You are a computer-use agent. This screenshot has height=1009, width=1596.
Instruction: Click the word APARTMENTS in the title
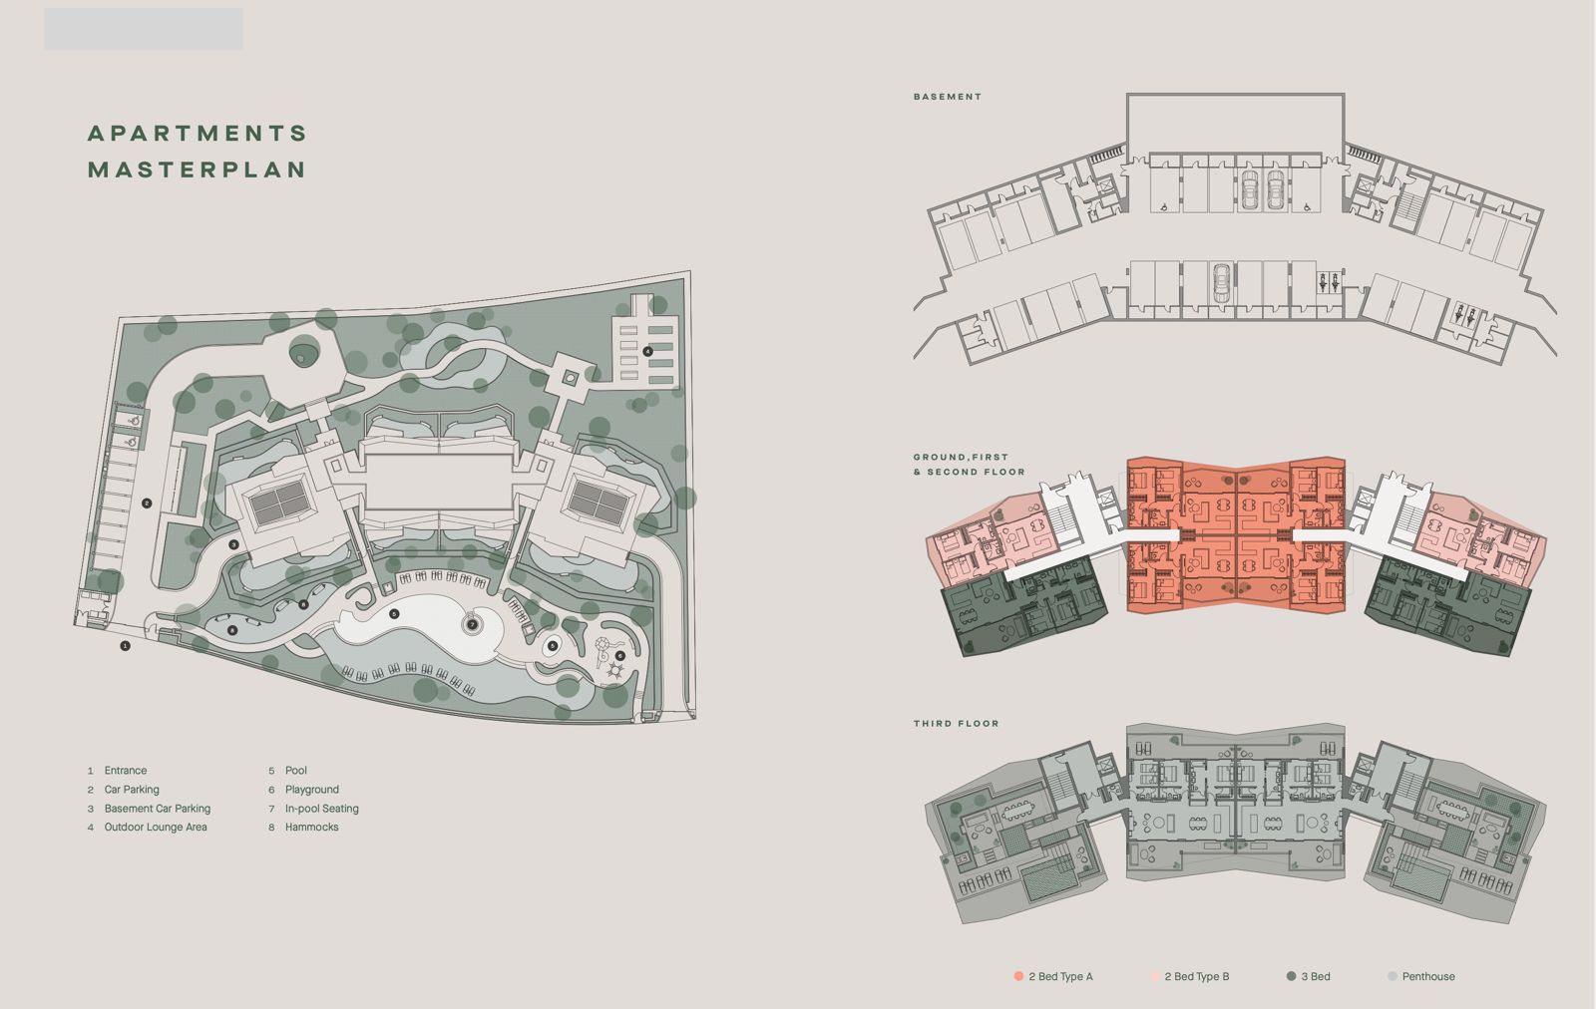click(198, 134)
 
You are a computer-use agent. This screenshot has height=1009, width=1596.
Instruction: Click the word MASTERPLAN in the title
click(198, 169)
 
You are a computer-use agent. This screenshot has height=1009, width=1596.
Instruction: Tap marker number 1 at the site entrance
click(125, 646)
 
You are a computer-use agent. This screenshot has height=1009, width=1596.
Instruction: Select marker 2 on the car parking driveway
click(147, 504)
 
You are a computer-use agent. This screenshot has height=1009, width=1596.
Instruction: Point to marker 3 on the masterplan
click(233, 544)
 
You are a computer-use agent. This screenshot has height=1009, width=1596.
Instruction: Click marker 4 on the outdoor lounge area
click(647, 351)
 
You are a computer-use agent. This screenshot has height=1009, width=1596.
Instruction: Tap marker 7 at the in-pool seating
click(472, 625)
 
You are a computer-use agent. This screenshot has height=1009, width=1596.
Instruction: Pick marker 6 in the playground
click(619, 656)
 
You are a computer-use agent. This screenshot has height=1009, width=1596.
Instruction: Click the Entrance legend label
click(126, 771)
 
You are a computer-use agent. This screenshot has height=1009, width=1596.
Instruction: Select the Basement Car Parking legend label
click(158, 809)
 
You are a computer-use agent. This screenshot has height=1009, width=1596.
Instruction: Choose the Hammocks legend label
click(312, 827)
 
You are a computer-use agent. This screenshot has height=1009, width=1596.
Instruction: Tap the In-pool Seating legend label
click(322, 809)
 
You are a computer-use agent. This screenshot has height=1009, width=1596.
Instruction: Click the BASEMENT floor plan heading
click(948, 97)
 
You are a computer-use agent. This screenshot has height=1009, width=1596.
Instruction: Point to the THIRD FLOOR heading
click(957, 724)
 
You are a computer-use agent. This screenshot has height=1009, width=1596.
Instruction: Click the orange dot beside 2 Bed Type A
click(1018, 976)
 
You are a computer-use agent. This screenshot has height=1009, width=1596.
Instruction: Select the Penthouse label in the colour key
click(1428, 976)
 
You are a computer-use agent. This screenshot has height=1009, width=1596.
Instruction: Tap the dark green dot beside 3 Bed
click(1291, 976)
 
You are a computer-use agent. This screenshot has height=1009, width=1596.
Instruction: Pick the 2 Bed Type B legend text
click(1197, 976)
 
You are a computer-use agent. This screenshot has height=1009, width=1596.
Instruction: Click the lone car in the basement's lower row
click(1221, 283)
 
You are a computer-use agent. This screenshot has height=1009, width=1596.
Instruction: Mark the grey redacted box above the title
click(144, 29)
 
